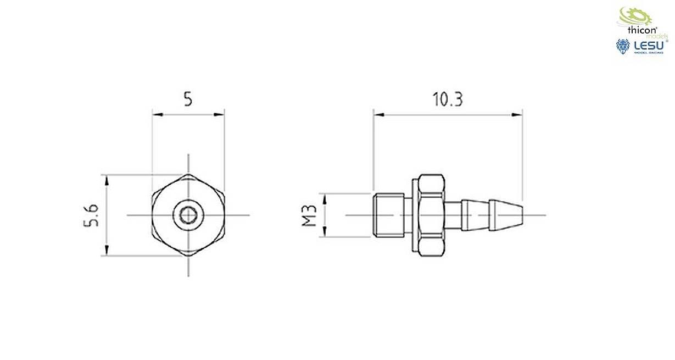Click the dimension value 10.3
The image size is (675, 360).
pos(448,100)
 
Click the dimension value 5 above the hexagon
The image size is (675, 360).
pos(188,100)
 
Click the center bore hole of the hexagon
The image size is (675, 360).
pos(188,215)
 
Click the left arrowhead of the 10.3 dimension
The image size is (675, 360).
pos(377,115)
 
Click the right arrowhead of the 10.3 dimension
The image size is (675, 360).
pos(518,115)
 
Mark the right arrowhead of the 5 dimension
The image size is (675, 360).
pos(220,115)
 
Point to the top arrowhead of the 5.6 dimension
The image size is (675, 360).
pos(106,179)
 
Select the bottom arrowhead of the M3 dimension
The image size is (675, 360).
pos(325,233)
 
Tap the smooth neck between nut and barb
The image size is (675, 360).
pos(454,215)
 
